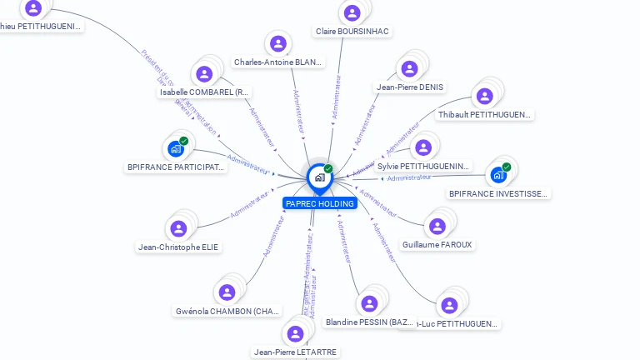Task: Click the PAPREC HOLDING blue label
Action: [x=320, y=203]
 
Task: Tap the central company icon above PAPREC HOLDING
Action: [x=319, y=177]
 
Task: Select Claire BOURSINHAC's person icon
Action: [x=352, y=13]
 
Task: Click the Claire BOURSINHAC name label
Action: [x=352, y=32]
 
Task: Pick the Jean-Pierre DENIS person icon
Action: [x=409, y=69]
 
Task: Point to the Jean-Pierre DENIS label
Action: [x=410, y=87]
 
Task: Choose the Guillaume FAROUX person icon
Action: [x=436, y=226]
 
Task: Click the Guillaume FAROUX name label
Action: [x=437, y=245]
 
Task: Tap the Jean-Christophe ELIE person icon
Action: [x=178, y=228]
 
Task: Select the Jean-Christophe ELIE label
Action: [x=179, y=247]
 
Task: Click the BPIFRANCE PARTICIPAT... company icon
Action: [x=175, y=148]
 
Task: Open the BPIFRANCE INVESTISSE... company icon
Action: [x=498, y=175]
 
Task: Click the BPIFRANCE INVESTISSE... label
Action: [x=499, y=194]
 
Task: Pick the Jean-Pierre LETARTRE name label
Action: [x=296, y=352]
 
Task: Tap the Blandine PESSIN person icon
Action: [x=368, y=303]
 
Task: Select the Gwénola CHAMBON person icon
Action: [x=227, y=292]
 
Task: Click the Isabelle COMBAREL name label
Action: [x=205, y=92]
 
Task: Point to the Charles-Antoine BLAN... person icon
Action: [x=277, y=43]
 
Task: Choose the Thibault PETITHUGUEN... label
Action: [x=485, y=114]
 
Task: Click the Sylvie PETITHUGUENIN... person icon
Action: [x=423, y=147]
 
